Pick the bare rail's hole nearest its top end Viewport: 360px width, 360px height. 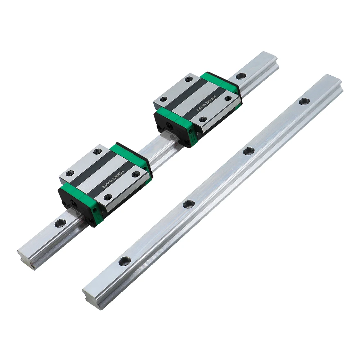coord(304,101)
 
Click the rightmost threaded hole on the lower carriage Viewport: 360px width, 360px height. coord(136,174)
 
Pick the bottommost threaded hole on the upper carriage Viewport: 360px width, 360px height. coord(203,119)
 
